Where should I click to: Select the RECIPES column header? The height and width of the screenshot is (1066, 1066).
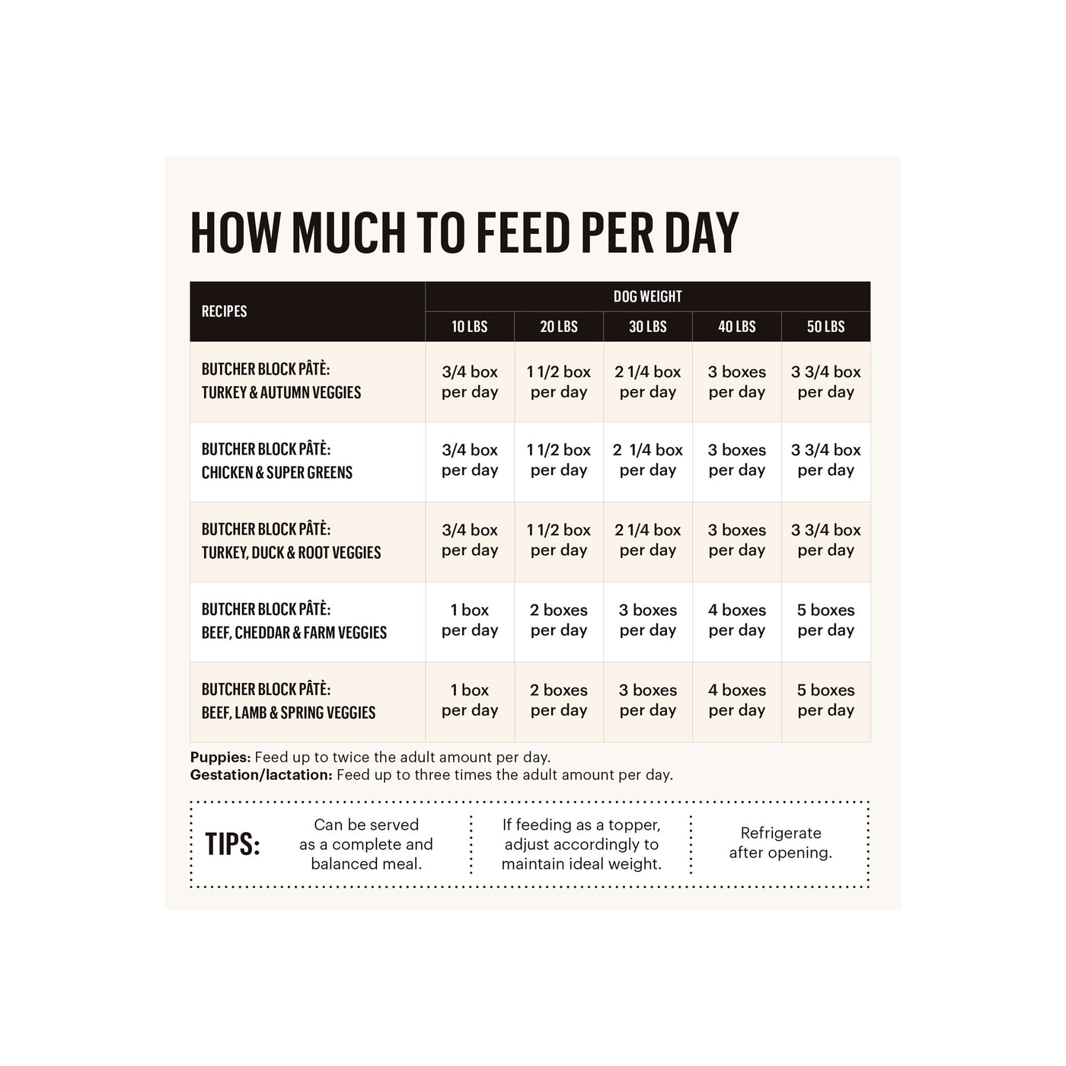224,311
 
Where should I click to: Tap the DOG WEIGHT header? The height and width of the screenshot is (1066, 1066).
647,296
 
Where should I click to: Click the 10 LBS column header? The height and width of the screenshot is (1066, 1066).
469,327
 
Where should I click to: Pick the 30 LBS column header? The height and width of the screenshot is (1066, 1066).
647,327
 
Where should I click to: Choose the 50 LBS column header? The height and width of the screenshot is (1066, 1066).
825,327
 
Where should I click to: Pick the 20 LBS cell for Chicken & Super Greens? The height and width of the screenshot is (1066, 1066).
559,461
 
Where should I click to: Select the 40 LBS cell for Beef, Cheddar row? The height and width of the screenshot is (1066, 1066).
736,621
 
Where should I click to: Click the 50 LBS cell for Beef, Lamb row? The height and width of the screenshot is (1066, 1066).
825,701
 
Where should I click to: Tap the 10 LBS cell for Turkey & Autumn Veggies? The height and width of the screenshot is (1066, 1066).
470,382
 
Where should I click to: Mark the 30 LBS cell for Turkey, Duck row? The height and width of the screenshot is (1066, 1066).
647,541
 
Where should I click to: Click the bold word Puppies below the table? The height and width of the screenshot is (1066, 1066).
220,758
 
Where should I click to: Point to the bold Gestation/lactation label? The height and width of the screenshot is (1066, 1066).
261,775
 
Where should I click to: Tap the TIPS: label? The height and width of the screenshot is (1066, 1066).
232,844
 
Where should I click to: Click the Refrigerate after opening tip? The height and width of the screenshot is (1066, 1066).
780,843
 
